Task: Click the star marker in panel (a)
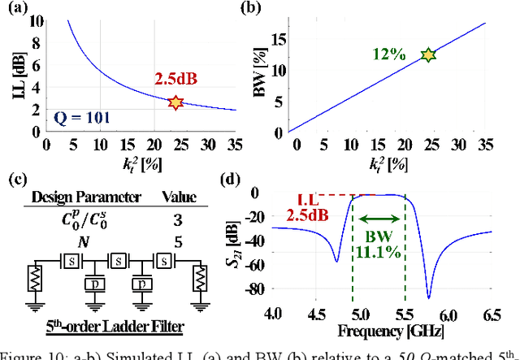(175, 103)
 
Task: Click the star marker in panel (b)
(428, 54)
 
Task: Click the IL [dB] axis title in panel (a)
(11, 73)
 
